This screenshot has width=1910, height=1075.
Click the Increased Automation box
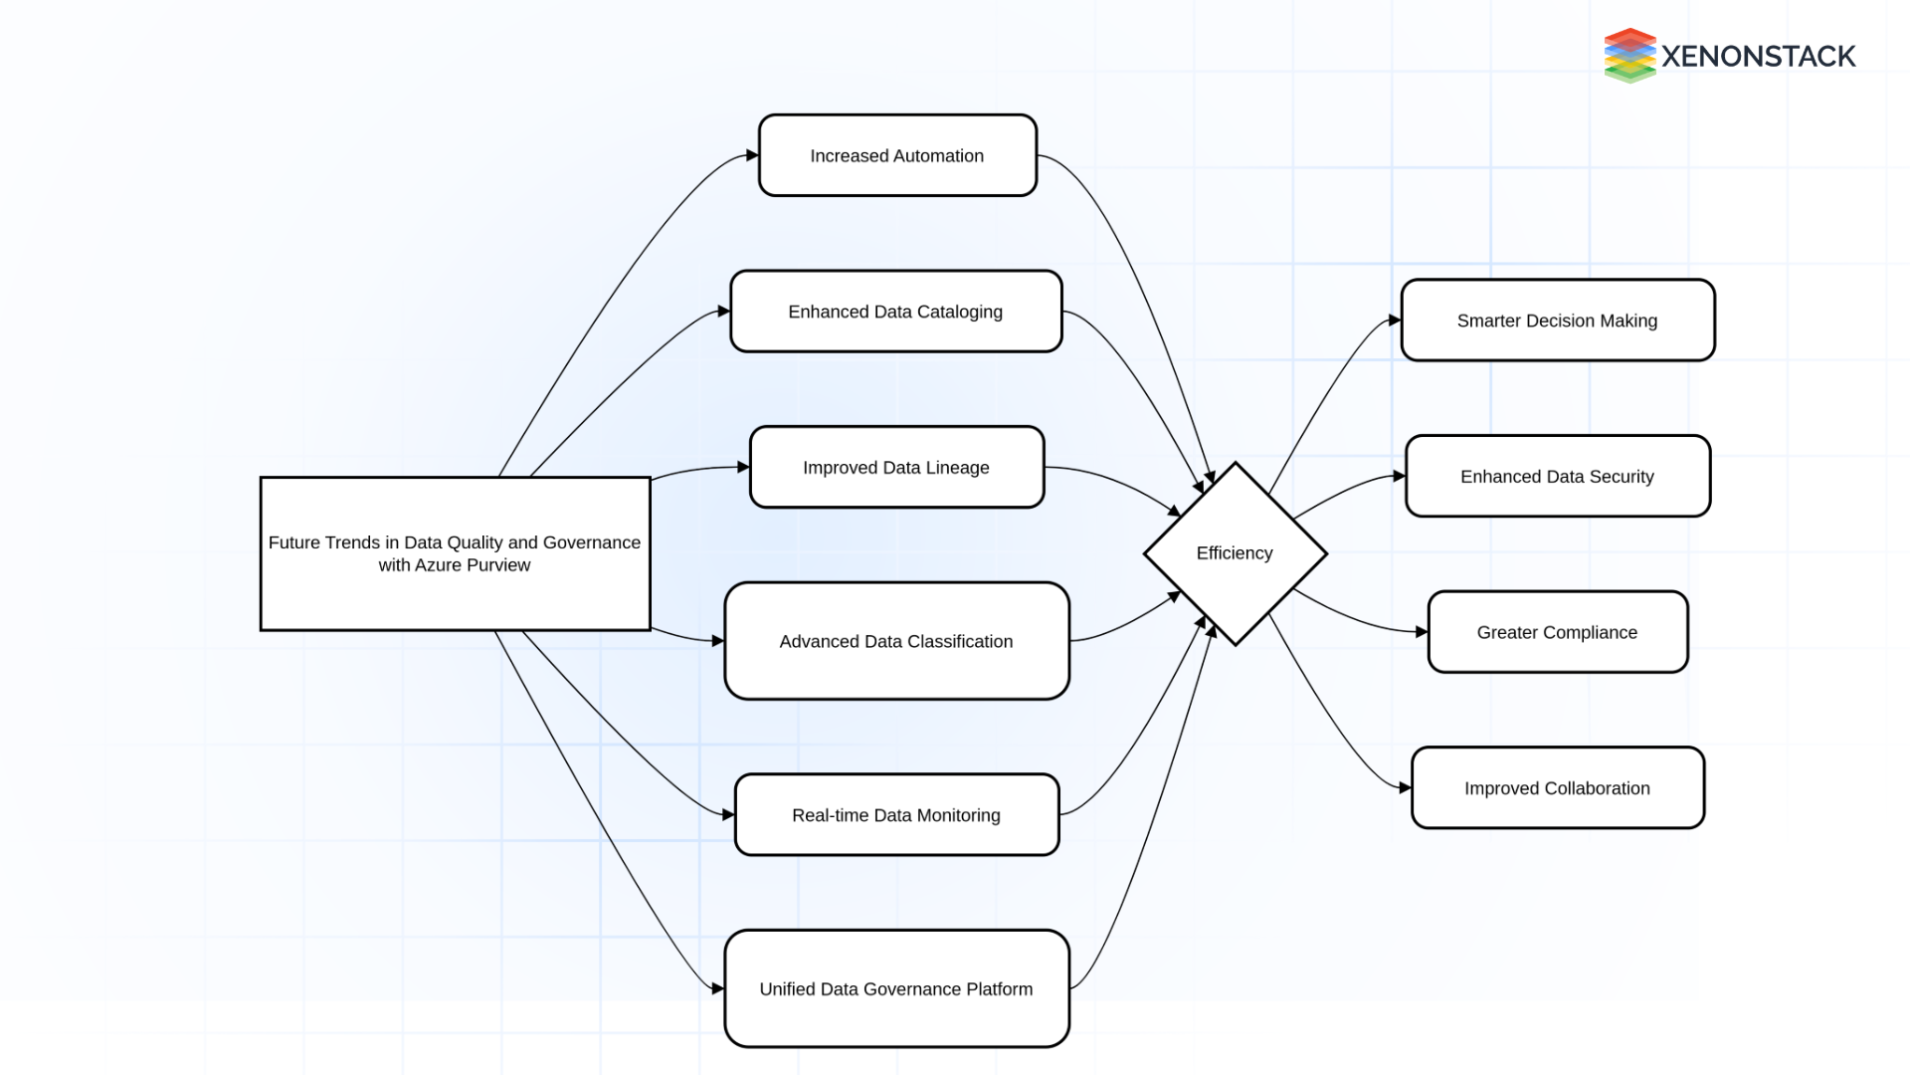tap(897, 155)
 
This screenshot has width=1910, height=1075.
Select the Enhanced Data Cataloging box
tap(895, 312)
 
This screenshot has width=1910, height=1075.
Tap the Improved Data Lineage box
tap(895, 467)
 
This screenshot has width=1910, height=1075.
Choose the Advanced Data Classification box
tap(895, 641)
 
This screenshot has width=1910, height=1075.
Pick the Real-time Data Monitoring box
tap(895, 814)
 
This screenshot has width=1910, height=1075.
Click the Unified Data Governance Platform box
tap(895, 988)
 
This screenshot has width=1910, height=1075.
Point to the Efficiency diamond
tap(1235, 553)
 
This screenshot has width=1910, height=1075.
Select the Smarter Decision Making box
tap(1557, 321)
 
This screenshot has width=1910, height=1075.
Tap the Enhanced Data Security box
tap(1557, 476)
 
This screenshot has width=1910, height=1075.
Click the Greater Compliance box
tap(1557, 632)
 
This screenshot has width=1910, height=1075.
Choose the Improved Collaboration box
tap(1557, 787)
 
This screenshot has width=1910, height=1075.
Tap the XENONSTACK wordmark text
tap(1758, 57)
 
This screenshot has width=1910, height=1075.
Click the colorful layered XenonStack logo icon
tap(1628, 56)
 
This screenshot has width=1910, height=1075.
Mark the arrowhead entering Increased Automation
tap(753, 155)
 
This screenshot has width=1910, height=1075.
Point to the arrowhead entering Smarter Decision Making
tap(1395, 321)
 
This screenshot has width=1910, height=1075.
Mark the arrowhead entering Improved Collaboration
tap(1406, 787)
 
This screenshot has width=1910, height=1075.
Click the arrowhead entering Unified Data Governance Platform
tap(718, 988)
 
